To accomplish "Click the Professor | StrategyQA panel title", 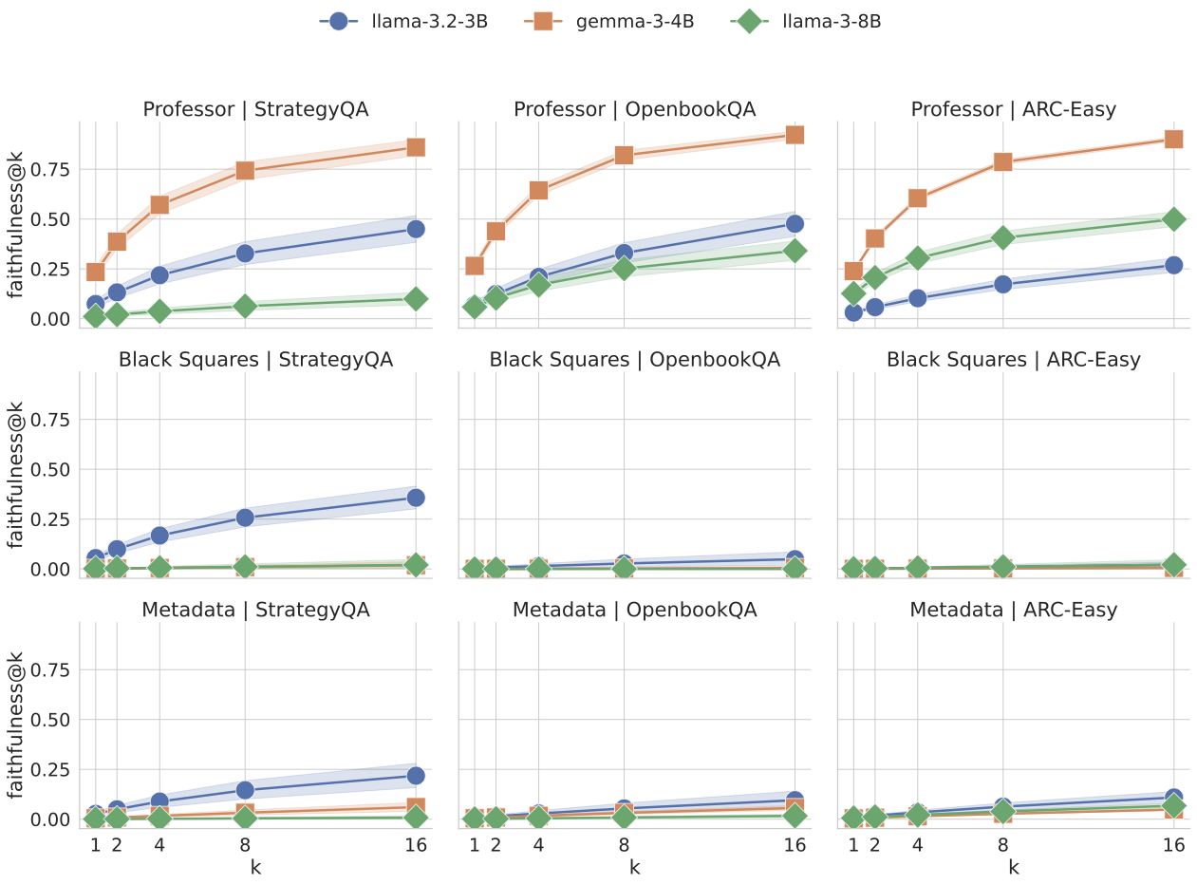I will pos(255,109).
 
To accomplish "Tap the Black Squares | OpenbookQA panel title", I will pos(634,360).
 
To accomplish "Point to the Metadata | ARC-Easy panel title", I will pos(1013,610).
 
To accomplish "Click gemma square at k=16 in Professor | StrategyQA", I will pos(416,147).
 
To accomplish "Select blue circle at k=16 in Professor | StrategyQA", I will pos(416,229).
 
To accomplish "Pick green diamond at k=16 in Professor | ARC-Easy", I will pos(1173,218).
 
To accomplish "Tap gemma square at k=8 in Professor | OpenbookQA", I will pos(624,155).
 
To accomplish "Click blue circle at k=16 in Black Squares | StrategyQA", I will pos(416,498).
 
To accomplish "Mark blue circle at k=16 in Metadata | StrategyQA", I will pos(416,776).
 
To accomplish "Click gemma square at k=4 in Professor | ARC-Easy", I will pos(917,198).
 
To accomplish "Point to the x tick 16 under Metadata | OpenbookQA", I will pos(795,844).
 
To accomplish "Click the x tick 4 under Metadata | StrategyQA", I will pos(159,844).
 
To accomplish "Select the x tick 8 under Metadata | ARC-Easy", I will pos(1003,844).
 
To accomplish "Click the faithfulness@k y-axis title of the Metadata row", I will pos(16,722).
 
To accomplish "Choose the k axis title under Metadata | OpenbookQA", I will pos(634,867).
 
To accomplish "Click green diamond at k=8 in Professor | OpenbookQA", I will pos(624,269).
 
